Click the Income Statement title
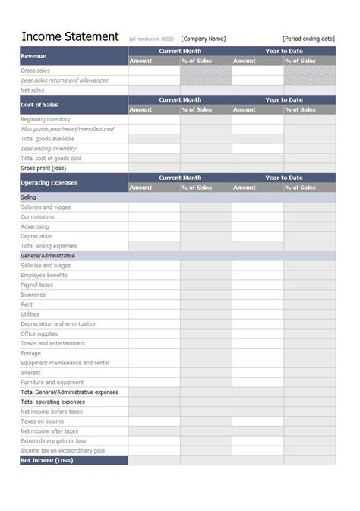pos(70,36)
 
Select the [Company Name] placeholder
pos(203,39)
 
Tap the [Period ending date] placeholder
pos(308,39)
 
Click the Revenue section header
pos(33,55)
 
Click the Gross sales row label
pos(36,71)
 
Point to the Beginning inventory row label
pos(46,119)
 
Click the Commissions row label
pos(38,216)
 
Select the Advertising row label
pos(35,226)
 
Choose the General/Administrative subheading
pos(47,256)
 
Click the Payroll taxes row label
pos(37,285)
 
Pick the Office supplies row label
pos(39,333)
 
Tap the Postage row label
pos(31,353)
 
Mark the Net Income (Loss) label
pos(46,460)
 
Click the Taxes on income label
pos(42,421)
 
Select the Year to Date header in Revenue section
pos(283,51)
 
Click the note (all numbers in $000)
pos(152,39)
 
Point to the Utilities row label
pos(30,314)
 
